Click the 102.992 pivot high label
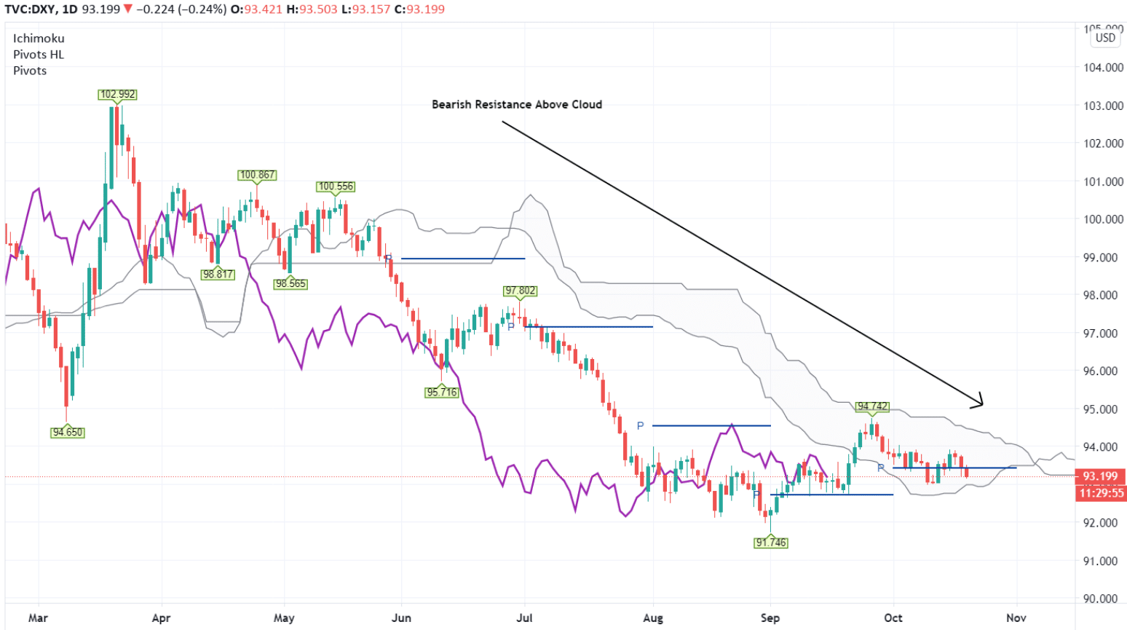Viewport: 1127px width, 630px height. [x=118, y=95]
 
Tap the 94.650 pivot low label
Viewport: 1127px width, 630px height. [x=68, y=433]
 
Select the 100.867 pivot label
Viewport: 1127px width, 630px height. [x=257, y=175]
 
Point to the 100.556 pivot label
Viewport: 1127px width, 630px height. [x=336, y=186]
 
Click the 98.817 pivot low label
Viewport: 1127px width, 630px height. [x=218, y=275]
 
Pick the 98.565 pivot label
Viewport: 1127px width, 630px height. [x=290, y=284]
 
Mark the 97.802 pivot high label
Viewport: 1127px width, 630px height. [x=520, y=291]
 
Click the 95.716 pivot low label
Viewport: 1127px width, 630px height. [x=442, y=393]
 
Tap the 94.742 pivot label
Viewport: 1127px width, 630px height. [x=872, y=406]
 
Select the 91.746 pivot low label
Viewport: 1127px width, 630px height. [x=771, y=543]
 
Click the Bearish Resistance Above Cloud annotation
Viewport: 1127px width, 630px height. [x=517, y=105]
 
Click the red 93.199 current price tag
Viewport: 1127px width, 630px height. [x=1100, y=476]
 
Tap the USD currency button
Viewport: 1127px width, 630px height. [x=1105, y=38]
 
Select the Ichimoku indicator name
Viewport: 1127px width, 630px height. [x=39, y=39]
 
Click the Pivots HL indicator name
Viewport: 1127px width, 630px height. [x=39, y=55]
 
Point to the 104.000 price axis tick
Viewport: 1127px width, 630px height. [x=1104, y=68]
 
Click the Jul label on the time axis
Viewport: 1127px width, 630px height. [x=524, y=618]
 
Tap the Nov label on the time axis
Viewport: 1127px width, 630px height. [x=1016, y=618]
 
